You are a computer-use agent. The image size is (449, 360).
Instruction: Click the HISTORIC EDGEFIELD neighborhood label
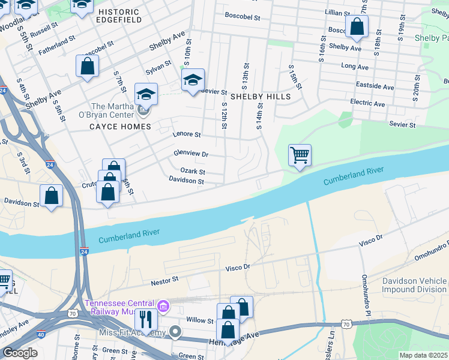(119, 16)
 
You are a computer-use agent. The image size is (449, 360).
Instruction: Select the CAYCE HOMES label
(120, 127)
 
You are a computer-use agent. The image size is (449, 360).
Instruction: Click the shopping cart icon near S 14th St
(300, 155)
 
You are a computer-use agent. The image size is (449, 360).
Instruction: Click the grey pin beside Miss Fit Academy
(175, 332)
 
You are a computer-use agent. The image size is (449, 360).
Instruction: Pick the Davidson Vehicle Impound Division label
(415, 286)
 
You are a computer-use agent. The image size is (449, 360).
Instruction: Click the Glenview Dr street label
(190, 154)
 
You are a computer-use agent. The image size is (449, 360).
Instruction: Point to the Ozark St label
(193, 172)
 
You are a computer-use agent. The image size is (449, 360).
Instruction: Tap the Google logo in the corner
(20, 352)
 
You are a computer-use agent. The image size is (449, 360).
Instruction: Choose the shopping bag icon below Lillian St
(357, 26)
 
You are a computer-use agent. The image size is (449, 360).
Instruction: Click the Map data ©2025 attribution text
(424, 355)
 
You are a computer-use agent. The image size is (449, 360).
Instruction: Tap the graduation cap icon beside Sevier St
(193, 80)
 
